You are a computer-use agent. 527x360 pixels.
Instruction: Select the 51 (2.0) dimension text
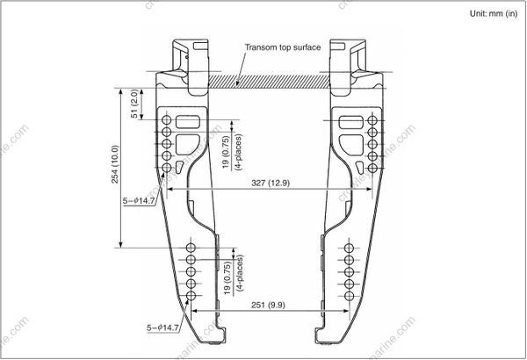pos(134,104)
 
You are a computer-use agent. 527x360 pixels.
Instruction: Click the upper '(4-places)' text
pos(239,151)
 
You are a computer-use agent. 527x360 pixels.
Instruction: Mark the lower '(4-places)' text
pos(239,277)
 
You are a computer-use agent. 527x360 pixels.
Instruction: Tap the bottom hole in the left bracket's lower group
pos(191,298)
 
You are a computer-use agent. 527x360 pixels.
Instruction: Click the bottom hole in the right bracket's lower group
pos(348,298)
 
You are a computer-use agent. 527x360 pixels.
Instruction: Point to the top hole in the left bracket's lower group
pos(191,249)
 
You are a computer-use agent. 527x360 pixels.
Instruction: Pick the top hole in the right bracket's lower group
pos(348,249)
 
